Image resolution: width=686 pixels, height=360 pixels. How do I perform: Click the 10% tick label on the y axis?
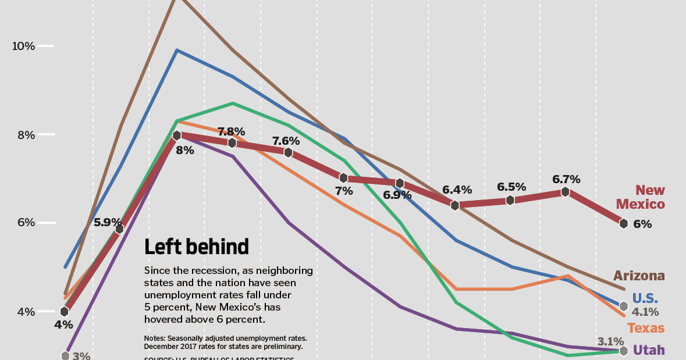point(24,46)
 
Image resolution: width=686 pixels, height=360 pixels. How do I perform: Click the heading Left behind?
point(197,247)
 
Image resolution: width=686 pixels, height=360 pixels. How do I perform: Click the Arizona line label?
point(639,276)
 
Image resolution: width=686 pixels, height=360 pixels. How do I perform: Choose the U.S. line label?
point(645,298)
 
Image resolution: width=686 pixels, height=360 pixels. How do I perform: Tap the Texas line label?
point(646,329)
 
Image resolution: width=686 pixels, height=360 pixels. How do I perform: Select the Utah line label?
point(649,350)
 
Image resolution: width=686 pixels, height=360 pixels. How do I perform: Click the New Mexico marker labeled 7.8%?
point(232,143)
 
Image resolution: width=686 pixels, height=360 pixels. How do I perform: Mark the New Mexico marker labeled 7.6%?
point(288,152)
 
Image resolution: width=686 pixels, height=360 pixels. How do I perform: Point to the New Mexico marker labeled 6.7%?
point(565,192)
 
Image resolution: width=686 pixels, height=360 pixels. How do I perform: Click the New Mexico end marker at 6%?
point(623,223)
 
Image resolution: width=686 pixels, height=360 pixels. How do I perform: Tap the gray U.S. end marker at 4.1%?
point(623,306)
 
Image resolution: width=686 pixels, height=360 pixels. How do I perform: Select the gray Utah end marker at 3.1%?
point(623,351)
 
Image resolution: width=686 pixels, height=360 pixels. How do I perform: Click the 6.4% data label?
point(457,190)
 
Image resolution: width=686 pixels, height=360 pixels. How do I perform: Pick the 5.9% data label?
point(108,222)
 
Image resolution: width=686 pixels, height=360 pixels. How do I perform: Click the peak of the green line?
point(233,103)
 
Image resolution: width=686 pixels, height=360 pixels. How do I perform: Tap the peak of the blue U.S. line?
point(176,50)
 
